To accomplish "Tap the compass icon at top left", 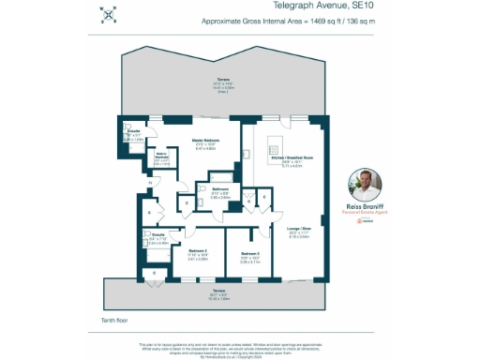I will (109, 12).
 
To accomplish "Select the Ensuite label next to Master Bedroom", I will (133, 132).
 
